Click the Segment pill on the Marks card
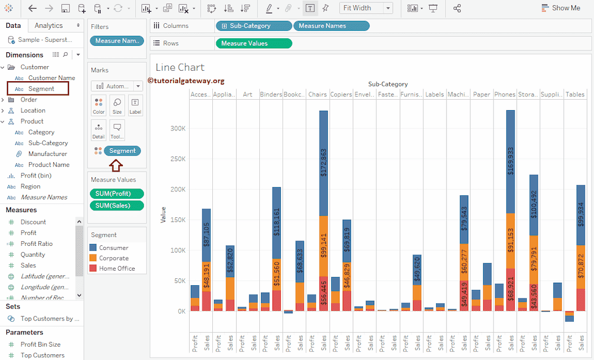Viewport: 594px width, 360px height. click(x=122, y=151)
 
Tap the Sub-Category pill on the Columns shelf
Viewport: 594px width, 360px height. click(x=253, y=26)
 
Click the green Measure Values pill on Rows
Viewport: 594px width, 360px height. click(x=253, y=43)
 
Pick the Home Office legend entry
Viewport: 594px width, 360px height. click(x=117, y=268)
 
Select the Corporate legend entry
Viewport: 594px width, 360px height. click(x=114, y=258)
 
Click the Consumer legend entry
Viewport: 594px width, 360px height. click(x=113, y=248)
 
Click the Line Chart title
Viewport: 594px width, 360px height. click(x=180, y=67)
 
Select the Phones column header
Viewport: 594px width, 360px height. click(x=504, y=94)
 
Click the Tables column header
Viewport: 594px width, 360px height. click(x=575, y=94)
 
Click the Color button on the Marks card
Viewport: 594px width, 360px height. click(x=99, y=106)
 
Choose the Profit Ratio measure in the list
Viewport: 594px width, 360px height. click(x=37, y=243)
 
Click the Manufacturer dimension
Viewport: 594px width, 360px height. click(x=48, y=154)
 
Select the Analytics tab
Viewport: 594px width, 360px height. click(x=49, y=26)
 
